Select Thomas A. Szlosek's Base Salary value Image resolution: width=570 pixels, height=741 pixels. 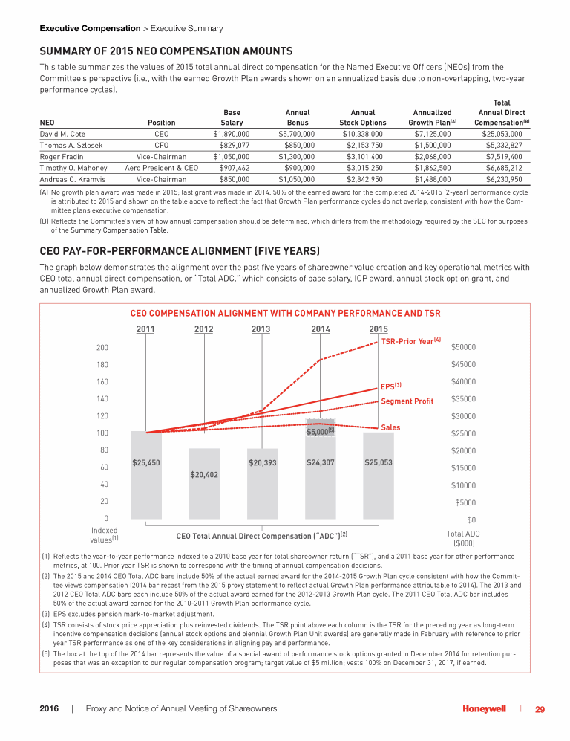(x=229, y=146)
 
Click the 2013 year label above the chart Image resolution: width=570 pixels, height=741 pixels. (x=261, y=329)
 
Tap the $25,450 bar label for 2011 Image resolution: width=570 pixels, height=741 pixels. (x=146, y=462)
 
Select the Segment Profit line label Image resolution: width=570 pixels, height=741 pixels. (x=407, y=401)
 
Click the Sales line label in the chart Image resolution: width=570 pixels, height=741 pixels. (x=390, y=427)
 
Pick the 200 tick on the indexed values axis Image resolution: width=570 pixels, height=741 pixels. (x=102, y=347)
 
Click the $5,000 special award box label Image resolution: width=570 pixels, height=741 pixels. (x=321, y=431)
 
